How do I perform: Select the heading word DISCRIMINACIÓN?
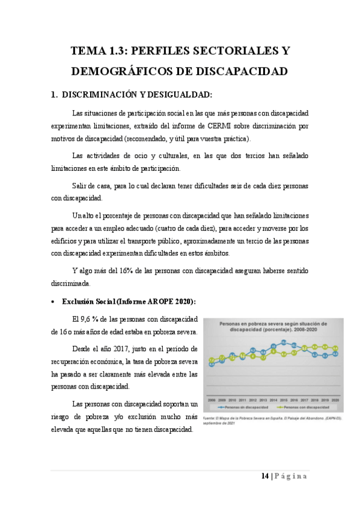[99, 95]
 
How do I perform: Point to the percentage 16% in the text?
[127, 271]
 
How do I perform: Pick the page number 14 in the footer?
[264, 476]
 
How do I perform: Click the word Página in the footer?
[292, 476]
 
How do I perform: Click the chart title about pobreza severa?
[273, 326]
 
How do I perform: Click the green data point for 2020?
[335, 348]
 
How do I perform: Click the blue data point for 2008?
[212, 364]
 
